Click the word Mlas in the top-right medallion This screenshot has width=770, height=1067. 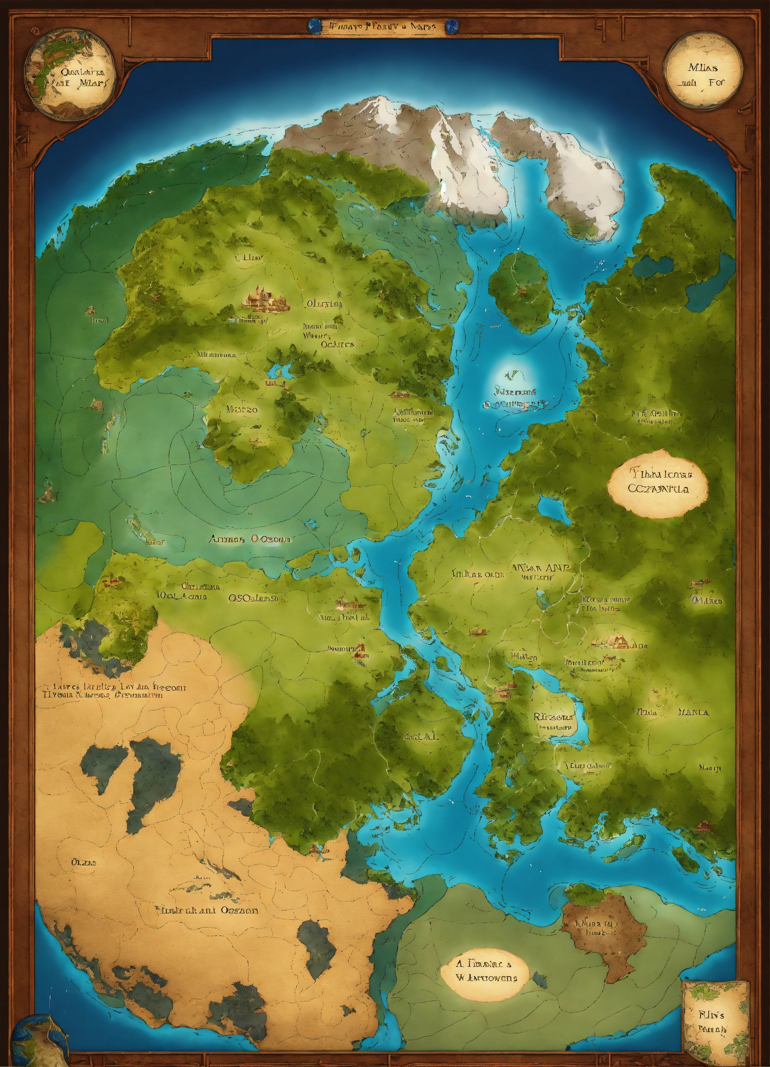pyautogui.click(x=702, y=67)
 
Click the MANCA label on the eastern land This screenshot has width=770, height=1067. pyautogui.click(x=693, y=712)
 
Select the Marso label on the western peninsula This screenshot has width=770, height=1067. pyautogui.click(x=242, y=409)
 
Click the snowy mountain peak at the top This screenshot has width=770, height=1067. pyautogui.click(x=376, y=111)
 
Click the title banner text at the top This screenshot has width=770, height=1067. pyautogui.click(x=384, y=26)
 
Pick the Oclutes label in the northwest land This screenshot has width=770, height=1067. pyautogui.click(x=337, y=344)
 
